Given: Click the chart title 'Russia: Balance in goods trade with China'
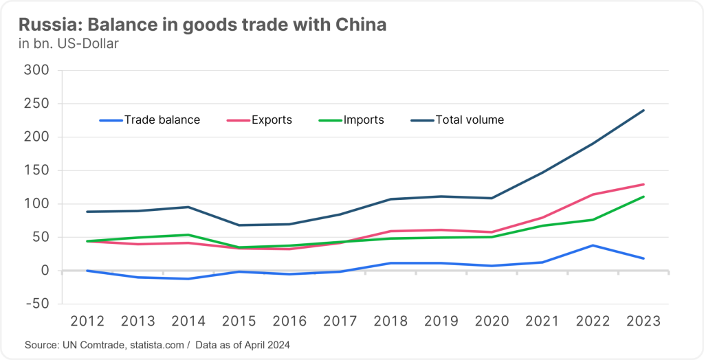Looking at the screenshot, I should (x=202, y=25).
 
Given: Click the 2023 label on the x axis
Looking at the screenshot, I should (x=643, y=322).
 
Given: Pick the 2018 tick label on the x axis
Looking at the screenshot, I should (x=391, y=322).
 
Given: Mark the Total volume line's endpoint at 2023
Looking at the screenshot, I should (x=643, y=110).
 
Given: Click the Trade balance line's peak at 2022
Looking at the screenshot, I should (x=593, y=245).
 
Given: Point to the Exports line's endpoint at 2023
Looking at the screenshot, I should (x=643, y=184).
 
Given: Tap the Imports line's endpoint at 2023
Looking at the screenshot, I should (x=643, y=196).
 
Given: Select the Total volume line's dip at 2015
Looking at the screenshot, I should (x=240, y=225).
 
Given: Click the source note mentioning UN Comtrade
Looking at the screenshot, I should (x=157, y=345).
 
